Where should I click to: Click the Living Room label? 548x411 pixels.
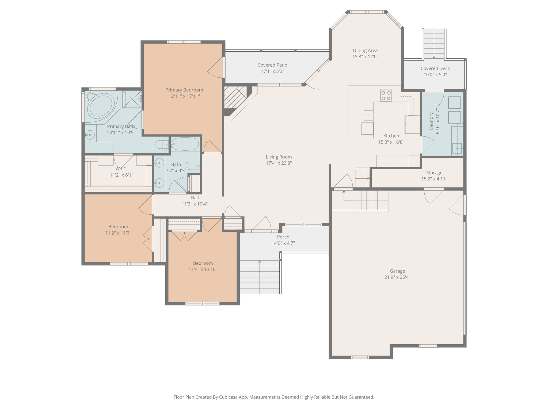[x=279, y=157]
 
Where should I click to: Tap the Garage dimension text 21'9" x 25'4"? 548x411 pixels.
[x=397, y=277]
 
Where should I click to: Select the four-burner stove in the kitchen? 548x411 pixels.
[x=386, y=96]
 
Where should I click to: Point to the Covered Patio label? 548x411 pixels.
[x=272, y=65]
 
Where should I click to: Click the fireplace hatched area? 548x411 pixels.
[x=235, y=97]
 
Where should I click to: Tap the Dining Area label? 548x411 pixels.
[x=365, y=51]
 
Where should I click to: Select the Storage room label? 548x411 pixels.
[x=434, y=173]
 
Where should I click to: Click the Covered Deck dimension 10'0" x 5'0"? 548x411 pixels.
[x=435, y=75]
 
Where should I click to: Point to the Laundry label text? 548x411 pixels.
[x=431, y=121]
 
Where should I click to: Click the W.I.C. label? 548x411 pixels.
[x=121, y=169]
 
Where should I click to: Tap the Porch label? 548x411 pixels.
[x=283, y=237]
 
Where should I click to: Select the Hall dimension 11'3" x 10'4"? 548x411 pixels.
[x=195, y=204]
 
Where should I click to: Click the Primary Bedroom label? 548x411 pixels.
[x=184, y=90]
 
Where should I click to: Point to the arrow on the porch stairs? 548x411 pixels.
[x=260, y=262]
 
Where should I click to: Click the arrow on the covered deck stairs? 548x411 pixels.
[x=434, y=57]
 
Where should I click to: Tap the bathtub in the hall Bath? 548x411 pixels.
[x=185, y=144]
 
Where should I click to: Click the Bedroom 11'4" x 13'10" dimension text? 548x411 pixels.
[x=203, y=269]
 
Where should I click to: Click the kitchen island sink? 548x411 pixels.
[x=368, y=115]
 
